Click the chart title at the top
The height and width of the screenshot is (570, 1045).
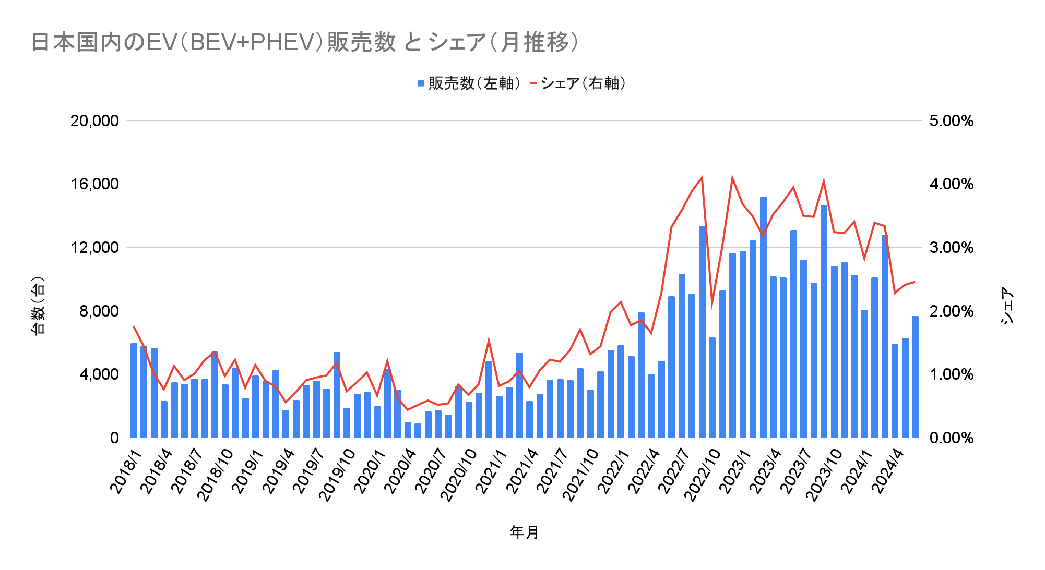tap(305, 42)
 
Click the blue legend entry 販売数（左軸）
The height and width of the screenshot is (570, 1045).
tap(469, 83)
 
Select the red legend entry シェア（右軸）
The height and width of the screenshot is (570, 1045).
tap(579, 83)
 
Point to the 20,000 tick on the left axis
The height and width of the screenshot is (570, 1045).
tap(94, 121)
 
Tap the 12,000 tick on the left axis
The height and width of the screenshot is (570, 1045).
tap(94, 248)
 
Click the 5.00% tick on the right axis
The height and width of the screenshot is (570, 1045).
tap(951, 121)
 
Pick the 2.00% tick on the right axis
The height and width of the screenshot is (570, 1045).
tap(951, 311)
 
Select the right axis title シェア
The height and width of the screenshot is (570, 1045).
tap(1007, 306)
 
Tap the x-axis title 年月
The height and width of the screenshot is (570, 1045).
tap(524, 532)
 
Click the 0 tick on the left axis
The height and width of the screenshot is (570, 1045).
tap(114, 438)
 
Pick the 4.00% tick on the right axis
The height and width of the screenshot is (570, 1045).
tap(951, 184)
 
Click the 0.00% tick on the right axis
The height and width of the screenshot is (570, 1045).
tap(951, 438)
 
